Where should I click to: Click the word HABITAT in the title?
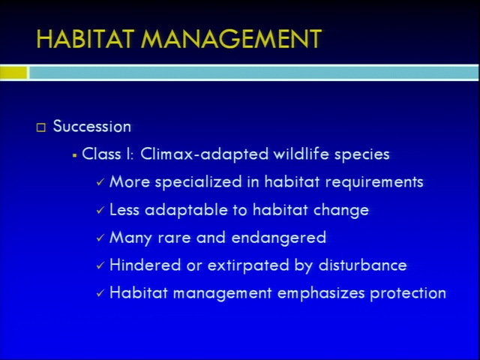tap(85, 39)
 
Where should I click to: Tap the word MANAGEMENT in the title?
tap(231, 39)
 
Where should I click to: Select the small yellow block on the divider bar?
tap(13, 73)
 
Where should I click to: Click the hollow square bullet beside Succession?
tap(41, 127)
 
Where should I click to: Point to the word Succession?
tap(91, 126)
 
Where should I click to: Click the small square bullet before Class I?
tap(74, 156)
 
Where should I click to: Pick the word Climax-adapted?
tap(205, 154)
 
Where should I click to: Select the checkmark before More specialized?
tap(100, 182)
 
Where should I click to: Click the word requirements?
tap(374, 182)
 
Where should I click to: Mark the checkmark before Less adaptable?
tap(100, 210)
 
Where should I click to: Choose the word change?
tap(341, 211)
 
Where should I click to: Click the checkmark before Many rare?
tap(100, 238)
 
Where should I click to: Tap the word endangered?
tap(279, 238)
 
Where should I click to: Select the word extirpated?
tap(248, 265)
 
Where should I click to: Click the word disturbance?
tap(363, 265)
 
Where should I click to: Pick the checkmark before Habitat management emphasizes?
tap(100, 293)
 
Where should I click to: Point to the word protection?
tap(408, 293)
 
